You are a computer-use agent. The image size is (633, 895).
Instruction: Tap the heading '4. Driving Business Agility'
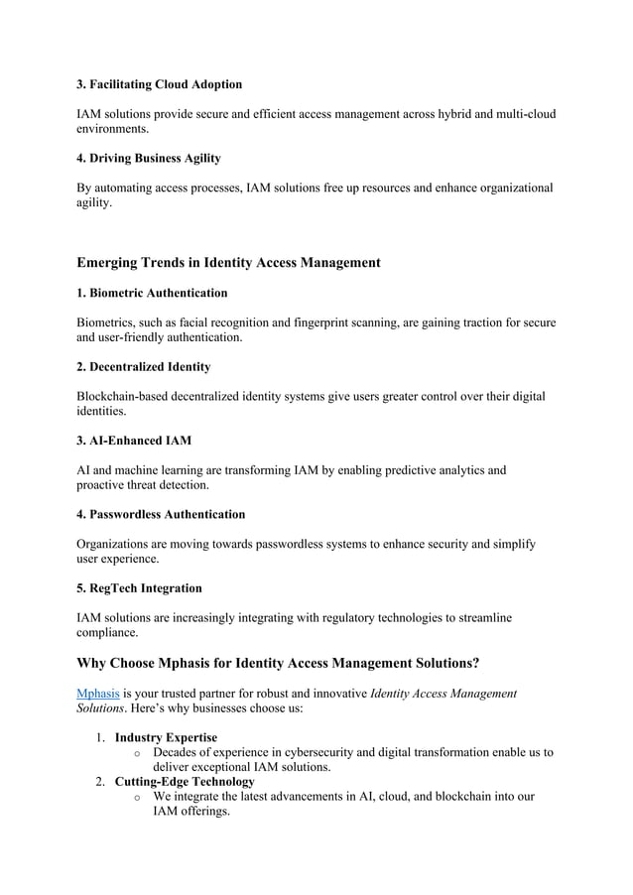tap(149, 159)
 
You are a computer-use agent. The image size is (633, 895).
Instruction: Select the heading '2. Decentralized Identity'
tap(143, 367)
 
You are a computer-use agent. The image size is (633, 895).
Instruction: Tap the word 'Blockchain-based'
tap(125, 396)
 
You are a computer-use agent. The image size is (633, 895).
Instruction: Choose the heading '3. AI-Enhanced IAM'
tap(134, 441)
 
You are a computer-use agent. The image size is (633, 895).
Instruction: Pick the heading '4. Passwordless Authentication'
tap(161, 515)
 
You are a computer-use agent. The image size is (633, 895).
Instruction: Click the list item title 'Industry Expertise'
tap(166, 737)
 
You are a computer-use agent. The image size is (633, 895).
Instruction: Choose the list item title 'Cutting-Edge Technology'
tap(185, 782)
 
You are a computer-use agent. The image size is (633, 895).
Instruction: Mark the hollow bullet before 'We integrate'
tap(137, 797)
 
